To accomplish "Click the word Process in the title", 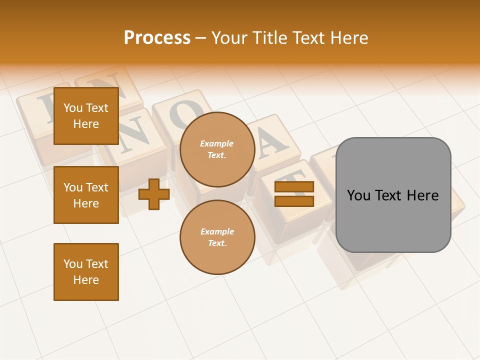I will pos(157,38).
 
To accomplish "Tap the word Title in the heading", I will pos(269,38).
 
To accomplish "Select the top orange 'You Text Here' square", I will pos(86,116).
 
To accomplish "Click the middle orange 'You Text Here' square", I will pos(86,195).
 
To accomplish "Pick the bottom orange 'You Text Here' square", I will pos(86,272).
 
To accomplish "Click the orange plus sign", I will pos(154,194).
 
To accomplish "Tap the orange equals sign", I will pos(294,194).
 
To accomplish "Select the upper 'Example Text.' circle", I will pos(217,149).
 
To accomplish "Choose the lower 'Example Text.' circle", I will pos(217,237).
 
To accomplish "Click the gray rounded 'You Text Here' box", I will pos(393,195).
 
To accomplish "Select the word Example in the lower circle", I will pos(217,231).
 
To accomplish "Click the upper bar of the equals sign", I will pos(294,187).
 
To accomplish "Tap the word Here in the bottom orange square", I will pos(86,280).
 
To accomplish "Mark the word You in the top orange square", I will pos(73,108).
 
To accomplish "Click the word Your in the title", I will pos(230,38).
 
